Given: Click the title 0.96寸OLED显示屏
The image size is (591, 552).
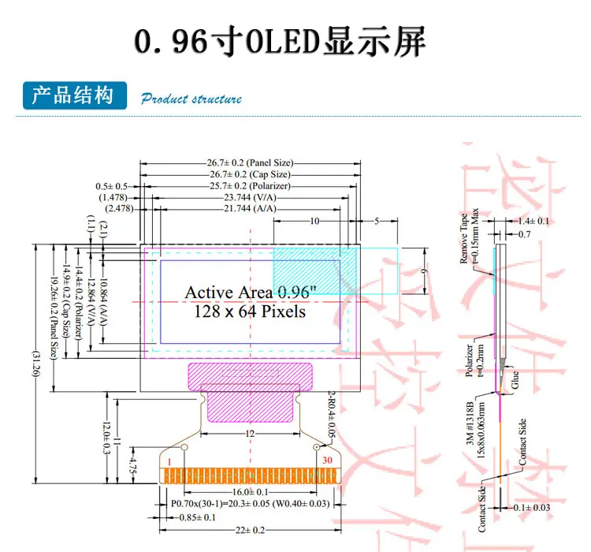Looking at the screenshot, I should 281,41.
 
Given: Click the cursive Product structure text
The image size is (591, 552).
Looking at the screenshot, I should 191,99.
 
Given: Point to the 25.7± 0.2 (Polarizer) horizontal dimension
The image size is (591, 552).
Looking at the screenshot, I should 250,185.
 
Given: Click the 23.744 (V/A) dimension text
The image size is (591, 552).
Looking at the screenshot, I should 250,197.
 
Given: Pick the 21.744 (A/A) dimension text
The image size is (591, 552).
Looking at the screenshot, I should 250,209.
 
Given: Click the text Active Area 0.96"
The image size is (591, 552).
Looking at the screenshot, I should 250,293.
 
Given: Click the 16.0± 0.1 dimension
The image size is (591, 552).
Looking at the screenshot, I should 251,492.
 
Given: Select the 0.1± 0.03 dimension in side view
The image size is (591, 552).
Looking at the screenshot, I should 532,507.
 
